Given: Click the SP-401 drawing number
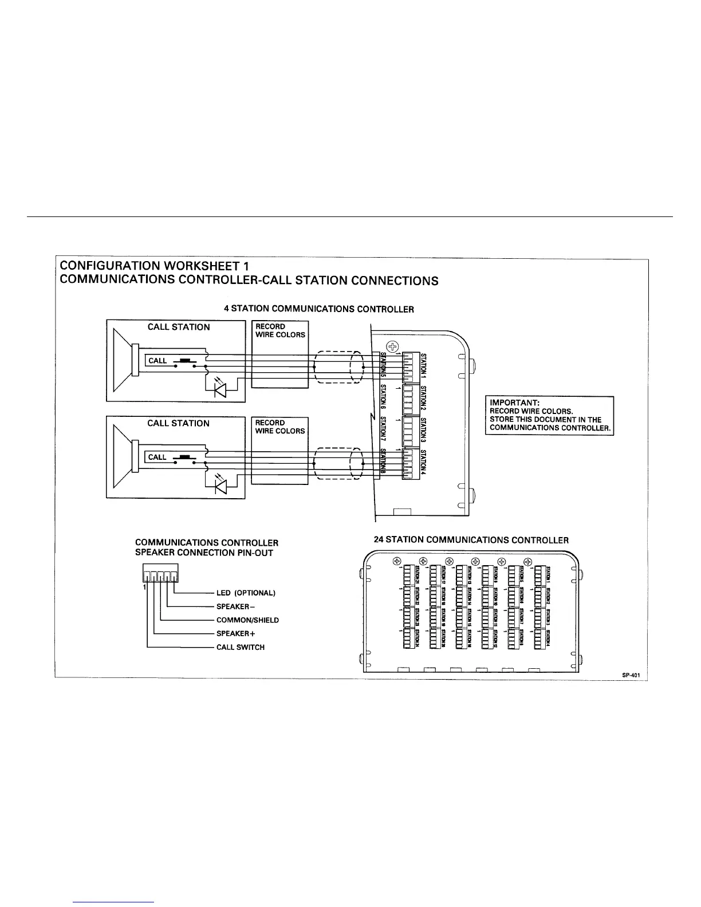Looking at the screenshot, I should point(631,675).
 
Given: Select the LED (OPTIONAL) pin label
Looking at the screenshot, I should point(246,593).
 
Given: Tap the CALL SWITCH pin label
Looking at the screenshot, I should point(240,648).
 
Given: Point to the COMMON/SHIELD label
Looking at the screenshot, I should point(247,620).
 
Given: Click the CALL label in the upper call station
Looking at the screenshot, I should point(157,361).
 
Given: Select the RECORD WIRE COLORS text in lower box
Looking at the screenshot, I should point(280,427).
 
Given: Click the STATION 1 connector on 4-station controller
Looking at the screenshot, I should point(411,366).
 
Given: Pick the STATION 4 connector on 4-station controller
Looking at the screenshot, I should point(411,464).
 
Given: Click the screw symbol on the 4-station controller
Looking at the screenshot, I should point(393,346).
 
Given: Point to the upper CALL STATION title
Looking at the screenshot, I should point(179,327).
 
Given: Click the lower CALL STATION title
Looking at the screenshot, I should point(179,423).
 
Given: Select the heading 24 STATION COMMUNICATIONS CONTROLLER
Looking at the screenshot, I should point(469,540).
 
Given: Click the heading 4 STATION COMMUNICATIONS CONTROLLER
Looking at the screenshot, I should point(318,309).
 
